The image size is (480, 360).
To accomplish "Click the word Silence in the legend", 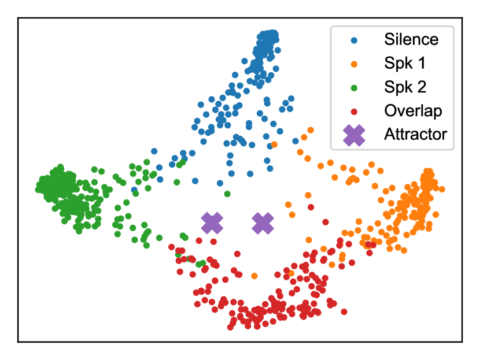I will point(411,40).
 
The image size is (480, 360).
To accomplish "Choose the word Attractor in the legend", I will point(415,135).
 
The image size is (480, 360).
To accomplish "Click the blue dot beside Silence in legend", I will point(354,40).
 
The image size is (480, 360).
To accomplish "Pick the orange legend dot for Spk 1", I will point(354,64).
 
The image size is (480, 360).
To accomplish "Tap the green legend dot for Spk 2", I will point(354,87).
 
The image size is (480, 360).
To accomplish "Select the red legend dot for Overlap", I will point(354,111).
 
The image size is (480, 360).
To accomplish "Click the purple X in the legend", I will point(354,135).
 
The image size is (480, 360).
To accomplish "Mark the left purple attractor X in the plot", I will point(212,222).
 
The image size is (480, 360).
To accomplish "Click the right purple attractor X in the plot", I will point(263,222).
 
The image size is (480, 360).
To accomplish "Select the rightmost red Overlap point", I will point(344,312).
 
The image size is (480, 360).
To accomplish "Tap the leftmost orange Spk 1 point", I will point(254,276).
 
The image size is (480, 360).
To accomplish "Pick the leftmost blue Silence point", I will point(134,190).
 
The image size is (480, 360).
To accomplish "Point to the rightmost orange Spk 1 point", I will point(442,189).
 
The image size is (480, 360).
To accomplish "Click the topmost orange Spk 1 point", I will point(311,130).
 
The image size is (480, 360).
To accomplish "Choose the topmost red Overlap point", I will point(311,206).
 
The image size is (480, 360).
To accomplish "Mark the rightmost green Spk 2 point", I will point(228,194).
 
